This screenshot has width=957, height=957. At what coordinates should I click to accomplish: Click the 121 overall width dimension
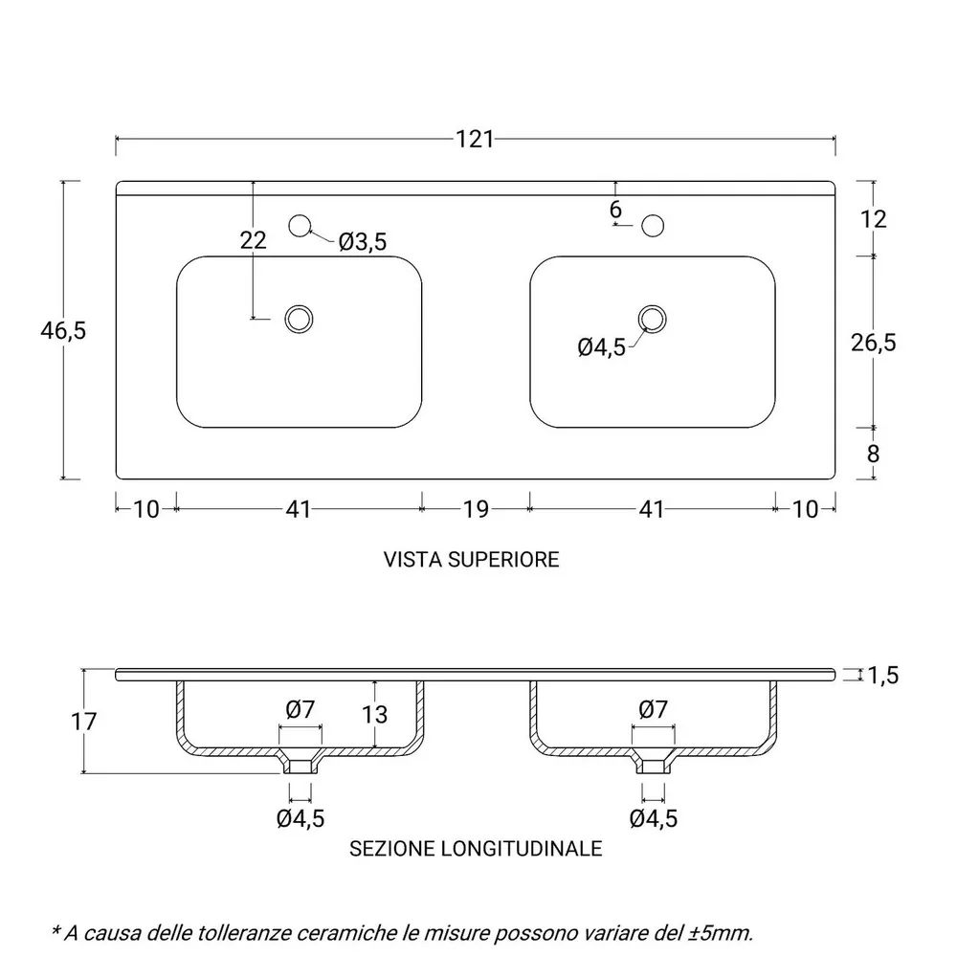point(475,139)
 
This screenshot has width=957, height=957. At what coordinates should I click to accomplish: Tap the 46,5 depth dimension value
point(63,331)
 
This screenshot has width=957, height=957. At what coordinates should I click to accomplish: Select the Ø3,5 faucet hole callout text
point(363,242)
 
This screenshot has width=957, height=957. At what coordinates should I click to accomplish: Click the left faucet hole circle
point(300,226)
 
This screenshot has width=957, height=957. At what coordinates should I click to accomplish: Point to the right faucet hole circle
point(653,226)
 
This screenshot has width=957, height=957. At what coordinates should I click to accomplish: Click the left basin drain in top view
point(299,320)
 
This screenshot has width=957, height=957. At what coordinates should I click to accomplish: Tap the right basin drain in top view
point(653,320)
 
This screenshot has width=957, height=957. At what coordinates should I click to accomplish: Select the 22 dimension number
point(254,240)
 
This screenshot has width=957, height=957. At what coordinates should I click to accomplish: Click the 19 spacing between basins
point(476,509)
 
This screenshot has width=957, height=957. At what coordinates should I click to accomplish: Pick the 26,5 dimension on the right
point(874,343)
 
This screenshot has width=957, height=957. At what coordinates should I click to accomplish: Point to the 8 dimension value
point(873,454)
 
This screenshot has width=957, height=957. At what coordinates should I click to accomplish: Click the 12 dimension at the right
point(873,219)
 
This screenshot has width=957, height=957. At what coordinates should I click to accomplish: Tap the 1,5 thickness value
point(882,675)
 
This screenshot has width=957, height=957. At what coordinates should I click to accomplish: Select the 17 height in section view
point(83,722)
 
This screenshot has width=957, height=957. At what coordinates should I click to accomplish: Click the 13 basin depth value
point(374,714)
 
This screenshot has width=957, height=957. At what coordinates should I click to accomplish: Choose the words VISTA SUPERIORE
point(471,560)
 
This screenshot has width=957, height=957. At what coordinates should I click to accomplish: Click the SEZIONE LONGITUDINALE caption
point(476,848)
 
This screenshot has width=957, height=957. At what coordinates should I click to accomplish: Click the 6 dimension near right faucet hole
point(615,210)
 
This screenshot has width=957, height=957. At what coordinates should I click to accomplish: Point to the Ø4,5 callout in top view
point(602,347)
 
